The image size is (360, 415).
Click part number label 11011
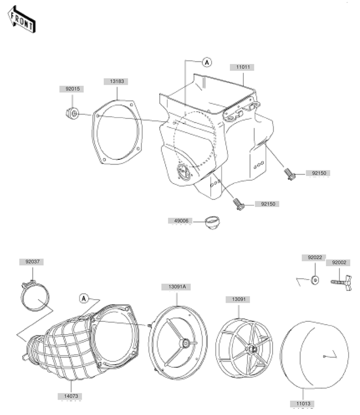tap(242, 68)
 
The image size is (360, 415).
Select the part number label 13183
tap(117, 82)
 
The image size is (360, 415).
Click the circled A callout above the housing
tap(206, 61)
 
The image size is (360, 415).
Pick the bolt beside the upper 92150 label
tap(289, 174)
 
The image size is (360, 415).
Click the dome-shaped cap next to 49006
tap(212, 222)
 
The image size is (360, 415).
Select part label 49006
tap(180, 221)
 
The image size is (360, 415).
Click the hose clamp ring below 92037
tap(36, 297)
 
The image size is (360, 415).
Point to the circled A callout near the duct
tap(84, 298)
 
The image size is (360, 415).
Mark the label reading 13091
tap(239, 299)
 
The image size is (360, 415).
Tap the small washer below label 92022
tap(315, 280)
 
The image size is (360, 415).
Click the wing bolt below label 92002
tap(341, 284)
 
